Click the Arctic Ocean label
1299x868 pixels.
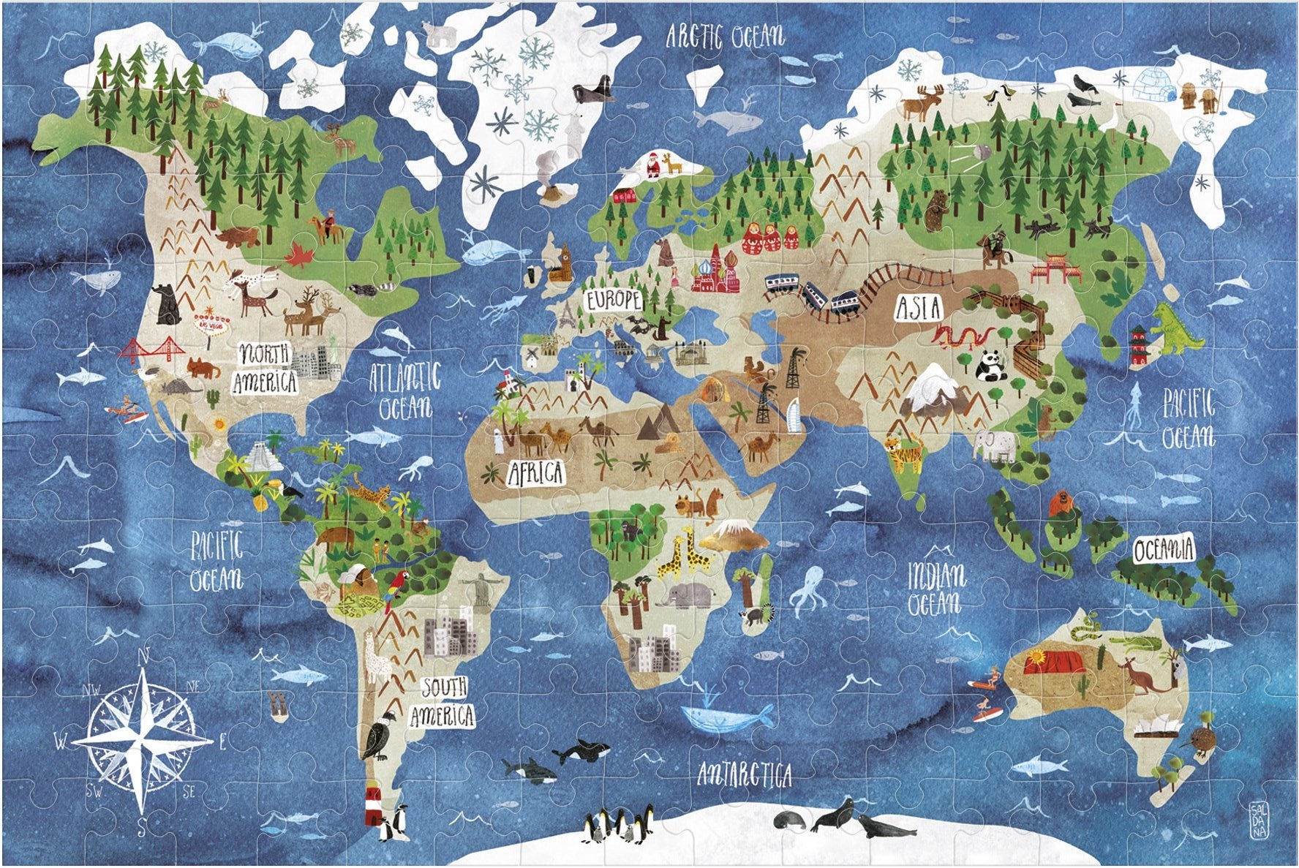point(724,35)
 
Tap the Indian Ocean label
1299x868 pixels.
point(935,589)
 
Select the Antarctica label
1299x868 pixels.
point(745,774)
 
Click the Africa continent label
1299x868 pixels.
point(536,472)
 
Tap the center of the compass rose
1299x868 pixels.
point(142,739)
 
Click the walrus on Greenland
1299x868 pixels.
point(592,93)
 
